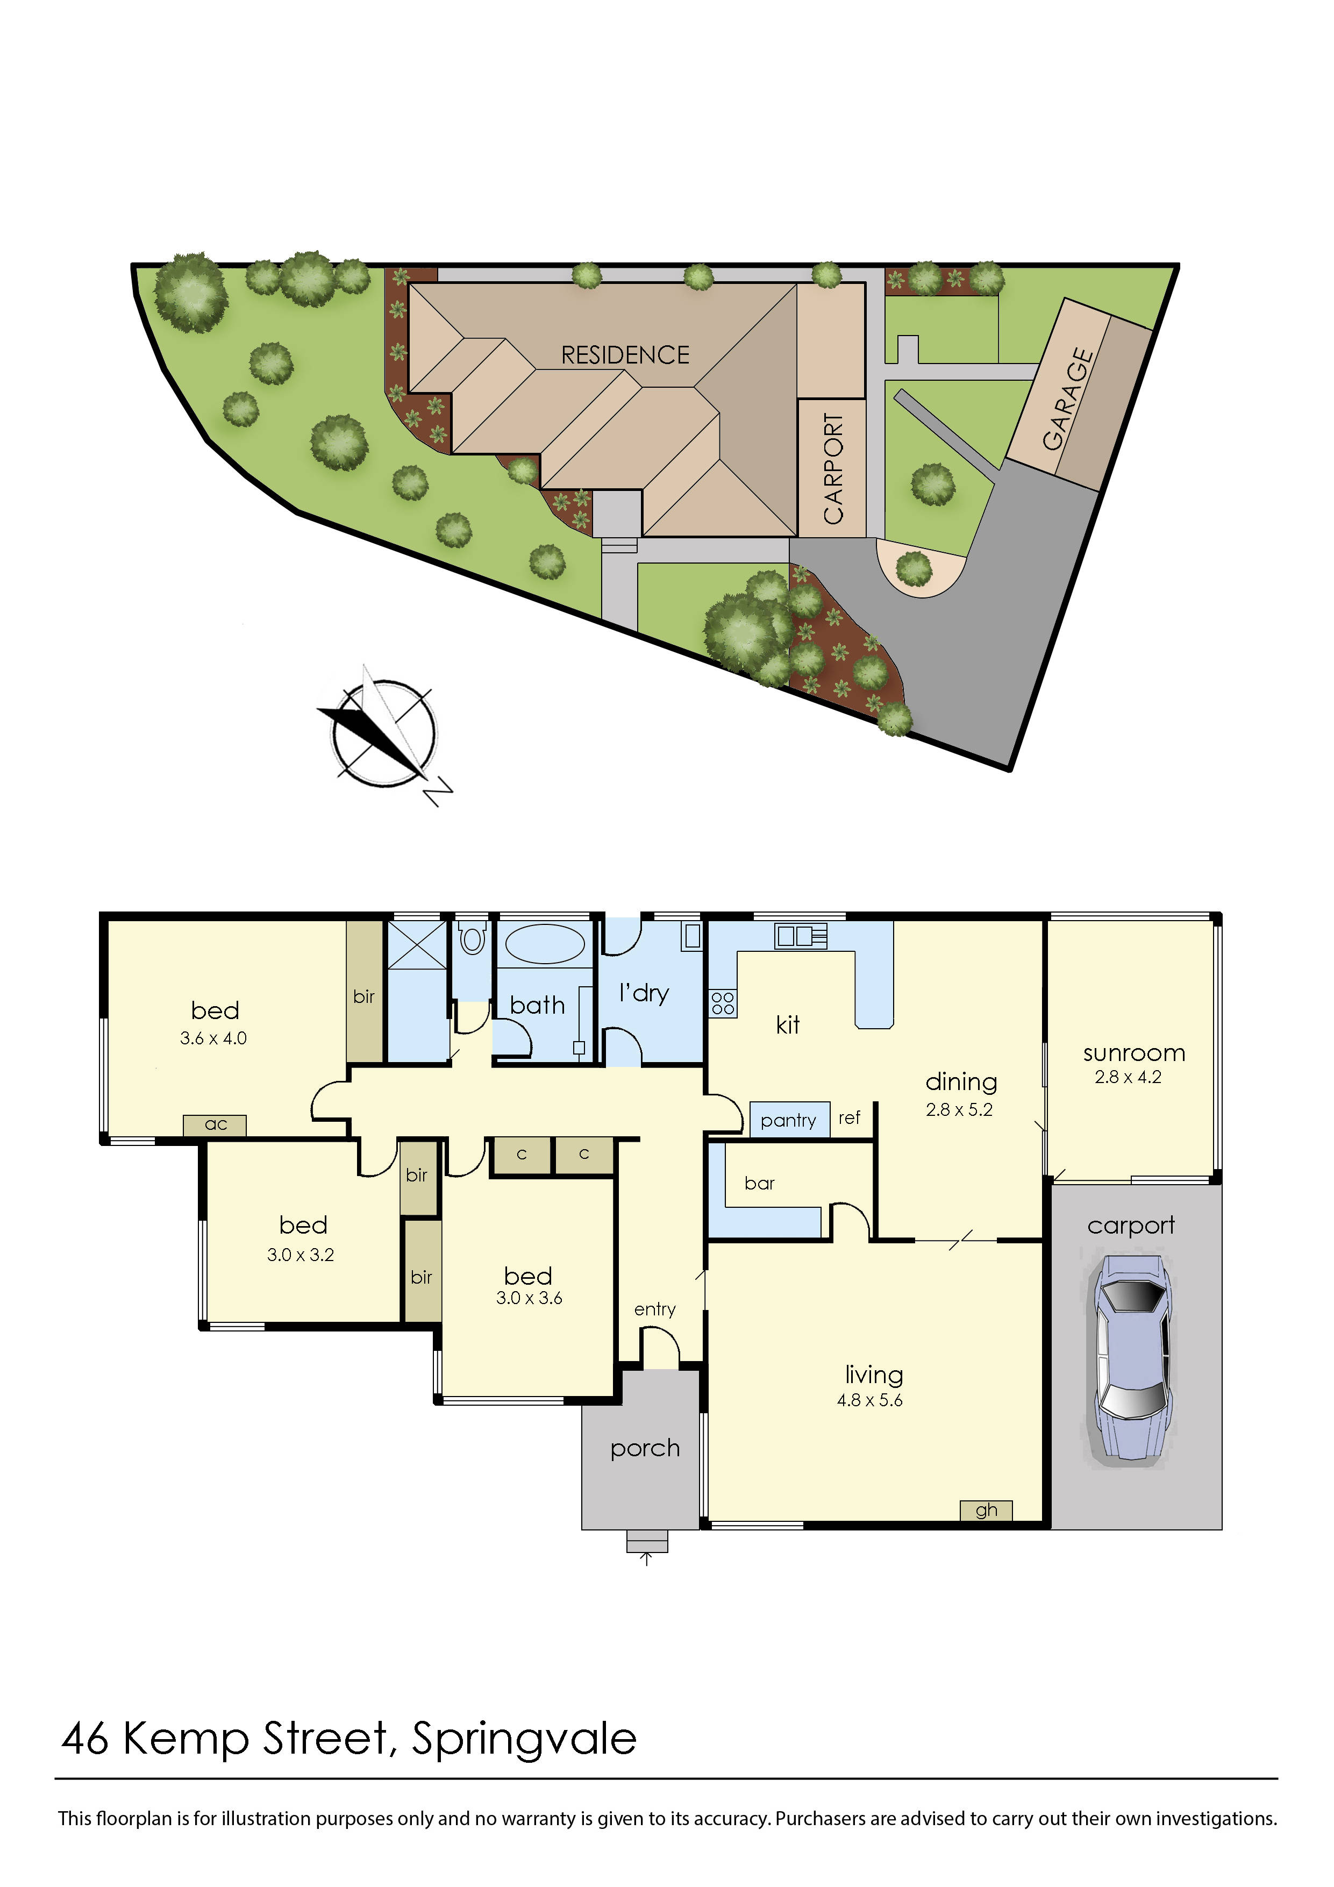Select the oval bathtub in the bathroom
pos(544,943)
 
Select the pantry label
pos(788,1120)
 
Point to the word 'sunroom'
pos(1133,1053)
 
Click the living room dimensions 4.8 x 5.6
pos(869,1400)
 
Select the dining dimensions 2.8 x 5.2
pos(959,1109)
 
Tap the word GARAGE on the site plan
pos(1068,400)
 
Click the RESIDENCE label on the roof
pos(625,355)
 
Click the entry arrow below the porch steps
pos(647,1559)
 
